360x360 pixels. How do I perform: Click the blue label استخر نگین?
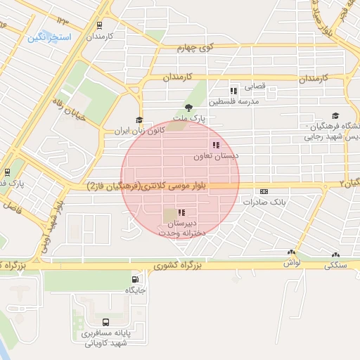click(x=49, y=37)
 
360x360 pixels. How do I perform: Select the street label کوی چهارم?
click(x=194, y=47)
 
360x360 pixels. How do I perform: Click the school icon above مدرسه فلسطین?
click(x=233, y=91)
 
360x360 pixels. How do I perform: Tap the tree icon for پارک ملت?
click(x=188, y=107)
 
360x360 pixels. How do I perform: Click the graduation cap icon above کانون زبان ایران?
click(x=139, y=120)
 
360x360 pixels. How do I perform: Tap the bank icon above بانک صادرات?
click(x=264, y=191)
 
